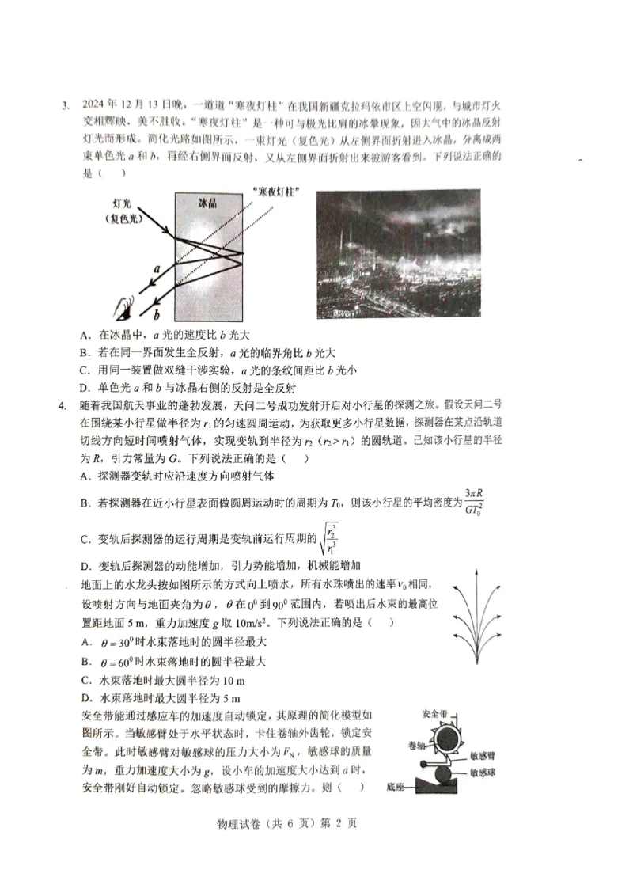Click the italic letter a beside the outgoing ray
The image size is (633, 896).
(157, 269)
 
